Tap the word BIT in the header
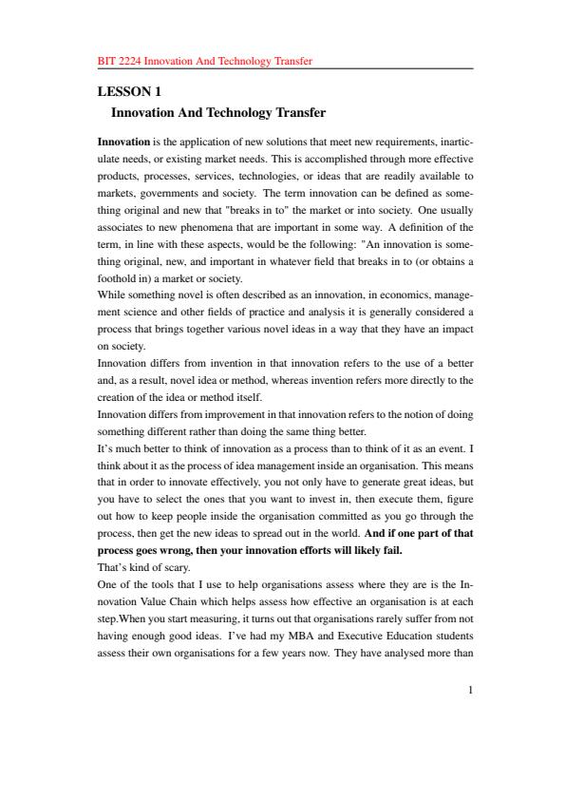tap(106, 61)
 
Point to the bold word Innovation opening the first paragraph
tap(123, 142)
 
